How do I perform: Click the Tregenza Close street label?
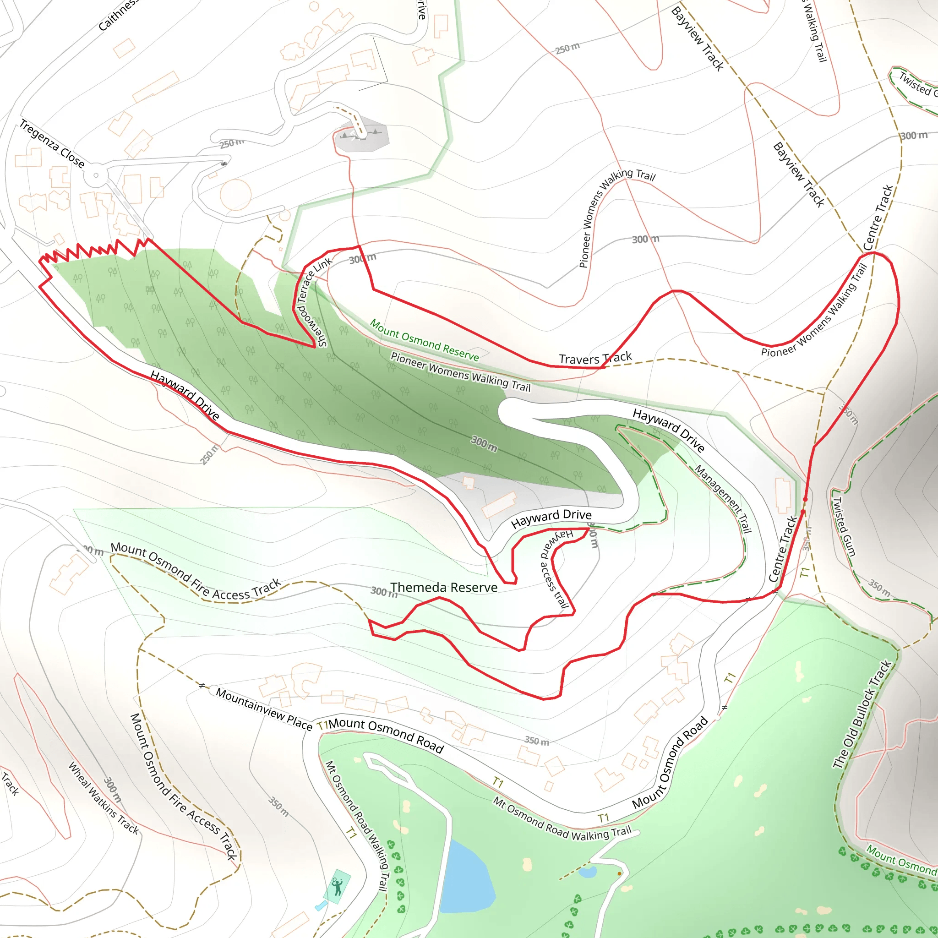pyautogui.click(x=52, y=143)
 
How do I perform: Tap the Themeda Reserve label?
pyautogui.click(x=444, y=588)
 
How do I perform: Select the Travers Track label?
pyautogui.click(x=595, y=358)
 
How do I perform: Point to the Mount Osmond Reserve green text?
pyautogui.click(x=424, y=340)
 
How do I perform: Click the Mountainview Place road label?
pyautogui.click(x=264, y=709)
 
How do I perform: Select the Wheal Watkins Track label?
pyautogui.click(x=104, y=797)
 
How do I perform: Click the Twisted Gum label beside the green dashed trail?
pyautogui.click(x=844, y=526)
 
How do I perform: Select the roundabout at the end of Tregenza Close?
pyautogui.click(x=96, y=175)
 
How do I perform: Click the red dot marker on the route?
pyautogui.click(x=805, y=499)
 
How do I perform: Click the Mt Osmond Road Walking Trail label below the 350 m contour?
pyautogui.click(x=562, y=820)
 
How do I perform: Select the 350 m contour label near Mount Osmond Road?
pyautogui.click(x=536, y=741)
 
